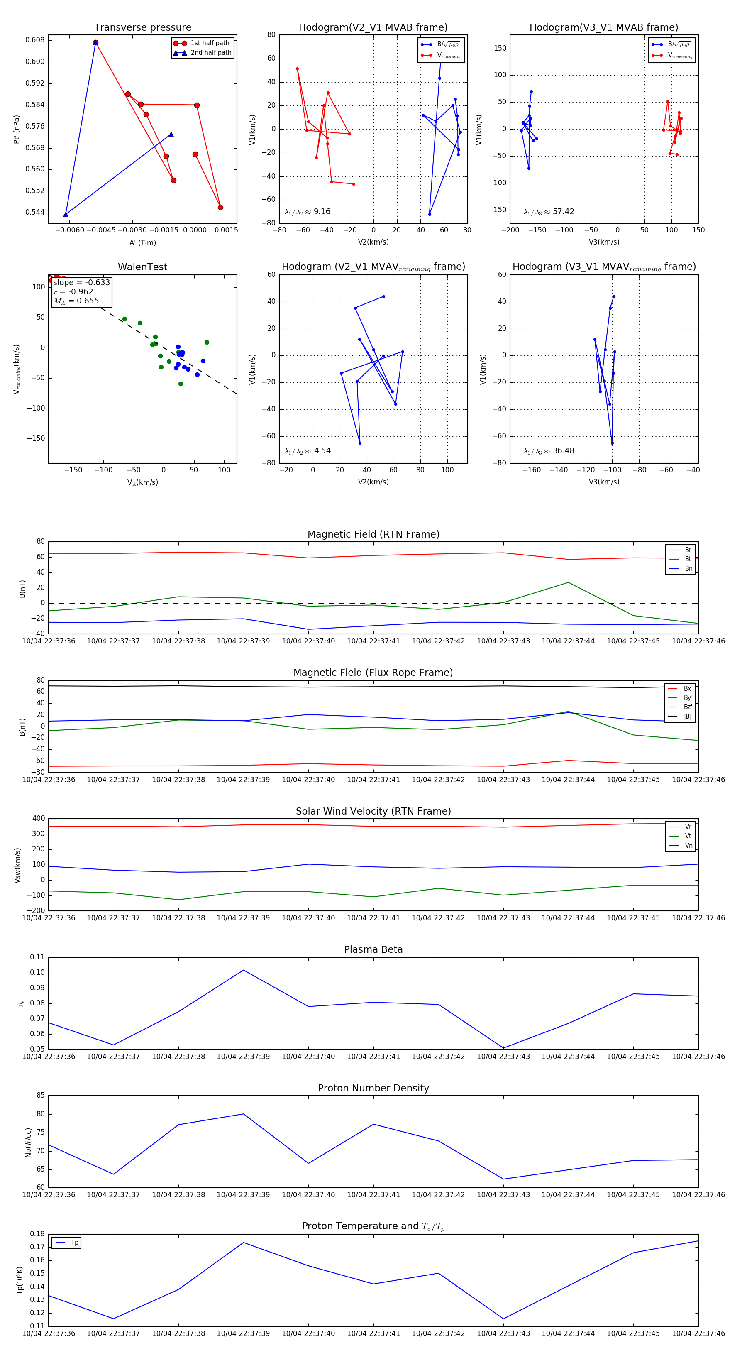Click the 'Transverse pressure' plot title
pos(142,28)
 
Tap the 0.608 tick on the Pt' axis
pos(35,40)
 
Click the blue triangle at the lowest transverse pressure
pos(66,214)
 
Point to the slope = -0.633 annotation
pos(81,282)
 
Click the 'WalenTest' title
pos(142,267)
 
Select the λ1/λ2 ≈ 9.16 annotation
pos(307,212)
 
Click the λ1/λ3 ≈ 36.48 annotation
pos(549,451)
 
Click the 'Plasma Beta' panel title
pos(373,949)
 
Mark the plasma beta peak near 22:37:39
pos(244,970)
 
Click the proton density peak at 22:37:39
pos(244,1114)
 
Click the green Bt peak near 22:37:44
pos(569,582)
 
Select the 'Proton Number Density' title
pos(373,1088)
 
